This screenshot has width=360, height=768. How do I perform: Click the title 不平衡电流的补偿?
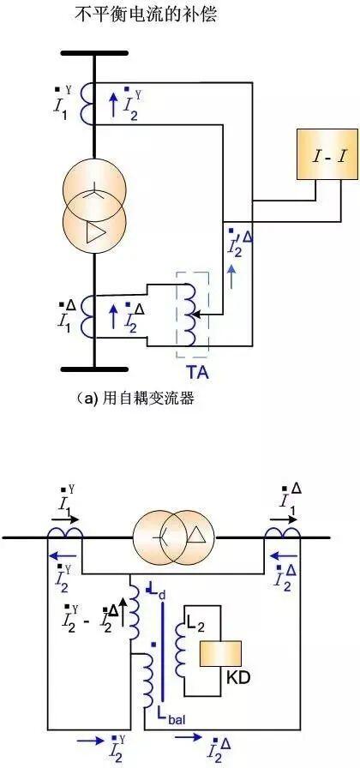tap(146, 15)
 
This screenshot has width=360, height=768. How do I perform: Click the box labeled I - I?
tap(327, 153)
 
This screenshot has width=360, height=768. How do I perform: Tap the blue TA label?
tap(196, 372)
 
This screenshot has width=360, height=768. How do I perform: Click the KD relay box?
tap(220, 653)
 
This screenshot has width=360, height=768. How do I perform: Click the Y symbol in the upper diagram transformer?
tap(93, 194)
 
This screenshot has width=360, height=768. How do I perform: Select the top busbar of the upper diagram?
tap(93, 53)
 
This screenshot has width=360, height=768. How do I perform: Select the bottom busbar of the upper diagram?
tap(93, 369)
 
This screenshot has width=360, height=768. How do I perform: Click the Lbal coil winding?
tap(147, 685)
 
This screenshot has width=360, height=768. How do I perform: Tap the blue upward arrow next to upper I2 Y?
tap(113, 105)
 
